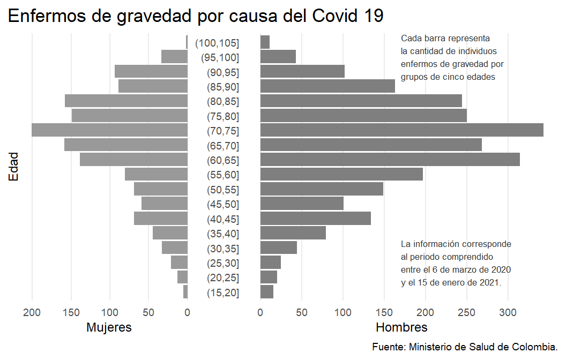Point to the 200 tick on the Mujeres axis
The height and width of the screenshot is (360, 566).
click(32, 312)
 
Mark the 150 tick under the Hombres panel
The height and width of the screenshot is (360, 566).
click(384, 312)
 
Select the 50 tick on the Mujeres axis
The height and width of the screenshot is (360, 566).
click(148, 312)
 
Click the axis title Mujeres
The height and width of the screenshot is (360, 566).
click(109, 327)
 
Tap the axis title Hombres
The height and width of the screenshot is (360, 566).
click(401, 327)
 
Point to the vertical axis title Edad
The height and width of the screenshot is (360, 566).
click(13, 167)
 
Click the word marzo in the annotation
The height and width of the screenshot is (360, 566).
click(466, 269)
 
